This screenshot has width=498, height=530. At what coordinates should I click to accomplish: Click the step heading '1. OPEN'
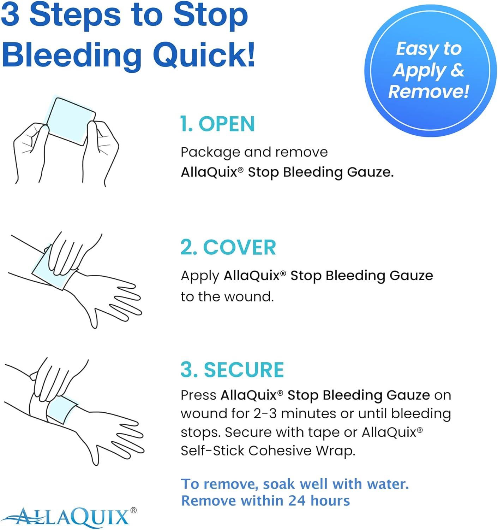pyautogui.click(x=217, y=124)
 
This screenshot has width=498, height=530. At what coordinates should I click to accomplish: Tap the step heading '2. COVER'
pyautogui.click(x=228, y=247)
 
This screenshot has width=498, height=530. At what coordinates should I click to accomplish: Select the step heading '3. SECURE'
pyautogui.click(x=232, y=370)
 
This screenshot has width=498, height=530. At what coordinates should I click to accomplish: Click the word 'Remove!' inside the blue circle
pyautogui.click(x=428, y=92)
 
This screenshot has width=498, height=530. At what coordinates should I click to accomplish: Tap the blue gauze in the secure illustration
pyautogui.click(x=62, y=410)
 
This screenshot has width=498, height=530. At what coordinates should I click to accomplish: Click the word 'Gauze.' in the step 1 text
pyautogui.click(x=370, y=172)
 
